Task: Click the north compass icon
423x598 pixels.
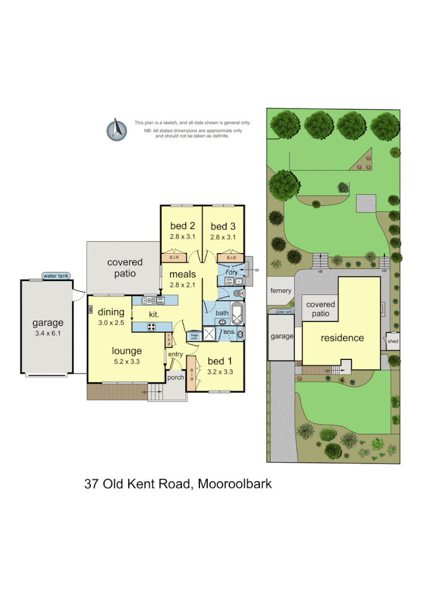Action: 116,129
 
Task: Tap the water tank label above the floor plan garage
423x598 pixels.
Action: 55,276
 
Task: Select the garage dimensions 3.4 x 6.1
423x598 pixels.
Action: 47,333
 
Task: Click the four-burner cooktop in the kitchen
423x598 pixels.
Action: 152,326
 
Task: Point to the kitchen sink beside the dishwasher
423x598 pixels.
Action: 149,301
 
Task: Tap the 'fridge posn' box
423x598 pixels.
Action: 194,336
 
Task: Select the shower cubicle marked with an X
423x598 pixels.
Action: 210,333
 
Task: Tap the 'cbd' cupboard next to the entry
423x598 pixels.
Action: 168,340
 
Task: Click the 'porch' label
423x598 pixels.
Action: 176,377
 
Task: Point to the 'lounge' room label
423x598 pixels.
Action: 127,350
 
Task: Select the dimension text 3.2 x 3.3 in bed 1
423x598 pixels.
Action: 221,372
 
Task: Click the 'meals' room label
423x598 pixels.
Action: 182,275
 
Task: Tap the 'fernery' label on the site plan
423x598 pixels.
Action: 281,291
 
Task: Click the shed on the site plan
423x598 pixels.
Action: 393,341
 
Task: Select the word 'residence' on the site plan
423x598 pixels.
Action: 342,338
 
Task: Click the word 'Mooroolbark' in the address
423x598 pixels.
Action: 234,483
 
